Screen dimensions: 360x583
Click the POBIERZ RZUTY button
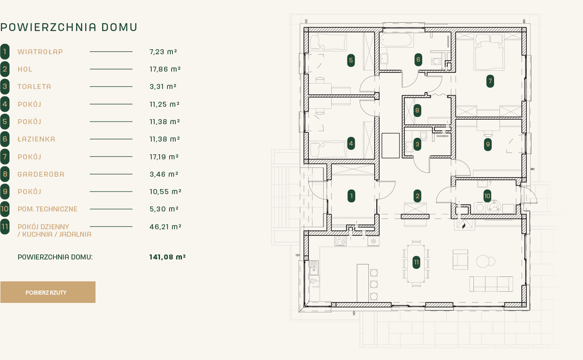pyautogui.click(x=48, y=292)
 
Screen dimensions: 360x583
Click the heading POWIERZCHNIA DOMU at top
pyautogui.click(x=69, y=27)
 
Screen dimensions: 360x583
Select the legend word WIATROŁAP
pyautogui.click(x=40, y=52)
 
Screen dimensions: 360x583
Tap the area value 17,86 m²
pyautogui.click(x=165, y=69)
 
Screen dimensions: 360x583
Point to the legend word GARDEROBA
pyautogui.click(x=41, y=174)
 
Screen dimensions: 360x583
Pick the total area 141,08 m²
pyautogui.click(x=167, y=257)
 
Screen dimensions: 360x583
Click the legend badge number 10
pyautogui.click(x=5, y=209)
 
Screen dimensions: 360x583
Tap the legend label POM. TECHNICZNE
pyautogui.click(x=48, y=209)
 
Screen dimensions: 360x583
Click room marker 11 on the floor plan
pyautogui.click(x=416, y=262)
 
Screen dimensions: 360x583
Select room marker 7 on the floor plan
pyautogui.click(x=490, y=81)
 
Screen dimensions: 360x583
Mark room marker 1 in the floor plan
pyautogui.click(x=351, y=196)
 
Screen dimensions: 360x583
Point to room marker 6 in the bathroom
pyautogui.click(x=418, y=60)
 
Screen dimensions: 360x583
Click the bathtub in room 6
pyautogui.click(x=397, y=41)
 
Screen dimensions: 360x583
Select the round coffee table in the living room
pyautogui.click(x=483, y=261)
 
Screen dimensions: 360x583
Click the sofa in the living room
pyautogui.click(x=491, y=284)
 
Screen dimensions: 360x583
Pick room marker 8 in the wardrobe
pyautogui.click(x=417, y=110)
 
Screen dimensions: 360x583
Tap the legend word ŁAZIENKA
pyautogui.click(x=36, y=139)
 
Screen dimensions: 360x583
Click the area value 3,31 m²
pyautogui.click(x=163, y=86)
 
